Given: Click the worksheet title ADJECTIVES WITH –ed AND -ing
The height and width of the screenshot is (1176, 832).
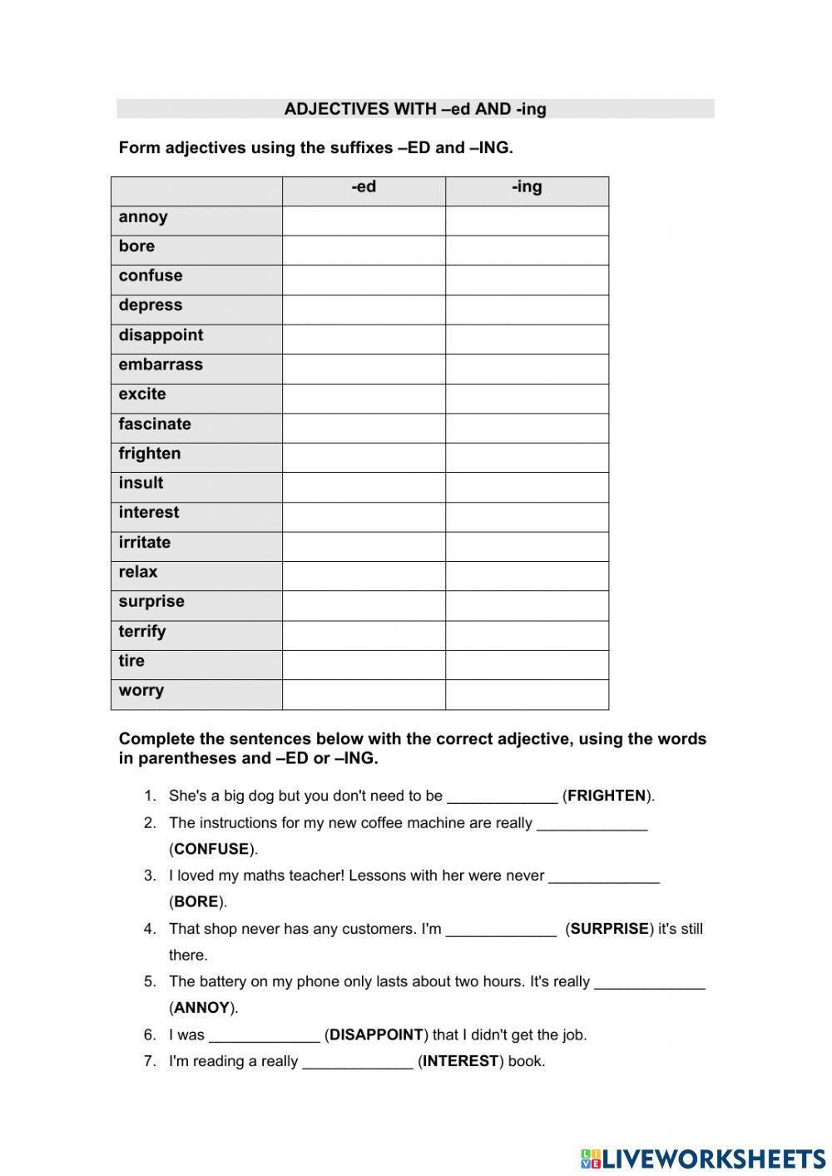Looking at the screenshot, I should pos(414,109).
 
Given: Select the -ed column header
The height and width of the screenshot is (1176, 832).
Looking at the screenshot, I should pos(364,187).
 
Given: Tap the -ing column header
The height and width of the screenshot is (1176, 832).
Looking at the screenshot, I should pos(527,187).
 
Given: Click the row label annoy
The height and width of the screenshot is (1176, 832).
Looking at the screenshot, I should pos(143,217).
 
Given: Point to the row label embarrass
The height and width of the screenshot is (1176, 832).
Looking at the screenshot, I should pos(161,365).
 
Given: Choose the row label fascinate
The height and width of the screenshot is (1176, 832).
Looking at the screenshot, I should pos(155,424).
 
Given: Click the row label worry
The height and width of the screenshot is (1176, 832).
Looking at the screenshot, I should pos(141,691).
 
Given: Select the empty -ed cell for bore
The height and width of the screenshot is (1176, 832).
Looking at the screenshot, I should pos(364,250).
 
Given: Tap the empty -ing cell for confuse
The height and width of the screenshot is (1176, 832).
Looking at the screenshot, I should pos(527,280).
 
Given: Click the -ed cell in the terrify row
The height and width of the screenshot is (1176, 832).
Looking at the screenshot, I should pos(364,635).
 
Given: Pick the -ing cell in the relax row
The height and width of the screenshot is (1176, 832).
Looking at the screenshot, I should pos(527,576).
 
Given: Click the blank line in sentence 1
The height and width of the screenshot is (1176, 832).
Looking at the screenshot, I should pos(502,797).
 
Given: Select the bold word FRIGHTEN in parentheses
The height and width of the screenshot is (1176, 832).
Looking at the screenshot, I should pos(607,796).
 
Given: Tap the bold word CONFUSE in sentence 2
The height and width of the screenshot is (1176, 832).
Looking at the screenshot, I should pos(211,849).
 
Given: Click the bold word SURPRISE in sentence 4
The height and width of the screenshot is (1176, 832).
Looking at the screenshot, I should pos(609,929).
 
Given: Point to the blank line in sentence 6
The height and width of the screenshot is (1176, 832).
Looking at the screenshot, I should pos(265,1037).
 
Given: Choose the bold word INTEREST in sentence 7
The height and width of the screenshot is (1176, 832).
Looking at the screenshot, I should pos(460,1061).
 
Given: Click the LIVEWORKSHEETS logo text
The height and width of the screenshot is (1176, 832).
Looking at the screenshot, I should pos(713,1159).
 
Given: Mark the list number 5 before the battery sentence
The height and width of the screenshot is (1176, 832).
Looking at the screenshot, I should pos(150,981).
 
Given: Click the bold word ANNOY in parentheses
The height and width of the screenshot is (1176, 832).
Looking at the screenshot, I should pos(202,1008).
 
